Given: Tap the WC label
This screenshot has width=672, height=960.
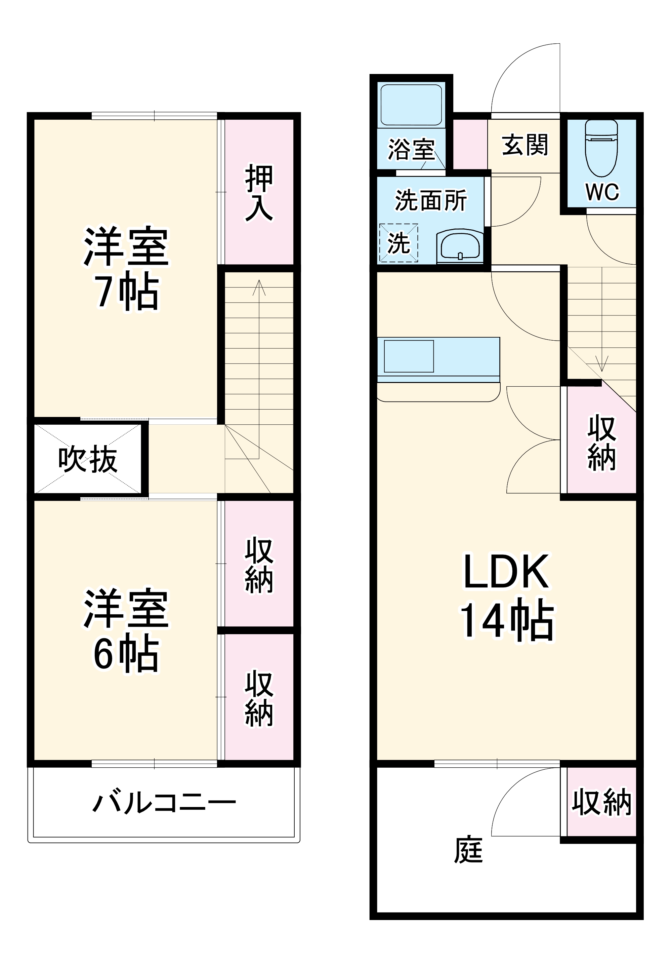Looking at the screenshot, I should pos(602,192).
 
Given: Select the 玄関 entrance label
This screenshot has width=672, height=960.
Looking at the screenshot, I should pos(525,145).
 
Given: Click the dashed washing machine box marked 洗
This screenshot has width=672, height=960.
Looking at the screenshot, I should pos(398,243).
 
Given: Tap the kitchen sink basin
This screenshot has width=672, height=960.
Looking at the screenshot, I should pos(409,356).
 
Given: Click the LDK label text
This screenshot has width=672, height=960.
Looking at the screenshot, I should pos(506,572).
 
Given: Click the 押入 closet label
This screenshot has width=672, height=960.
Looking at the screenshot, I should pos(259,193).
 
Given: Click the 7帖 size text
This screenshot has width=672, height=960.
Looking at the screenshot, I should pos(127,292).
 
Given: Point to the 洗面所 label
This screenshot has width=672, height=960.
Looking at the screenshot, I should pos(431,201).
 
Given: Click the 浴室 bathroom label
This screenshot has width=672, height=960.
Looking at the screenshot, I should pos(411,149).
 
